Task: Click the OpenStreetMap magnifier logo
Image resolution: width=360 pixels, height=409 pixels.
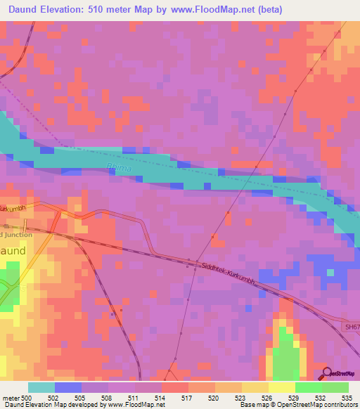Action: coord(328,373)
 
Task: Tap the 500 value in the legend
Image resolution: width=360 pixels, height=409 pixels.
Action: coord(26,398)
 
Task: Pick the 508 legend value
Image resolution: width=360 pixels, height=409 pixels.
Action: coord(107,398)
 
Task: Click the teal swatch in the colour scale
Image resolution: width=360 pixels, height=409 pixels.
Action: coord(41,387)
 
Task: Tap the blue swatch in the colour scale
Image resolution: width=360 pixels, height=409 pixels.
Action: coord(67,387)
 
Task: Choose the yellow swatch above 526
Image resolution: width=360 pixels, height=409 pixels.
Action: coord(255,387)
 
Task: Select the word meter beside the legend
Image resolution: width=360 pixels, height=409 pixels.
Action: coord(10,398)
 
